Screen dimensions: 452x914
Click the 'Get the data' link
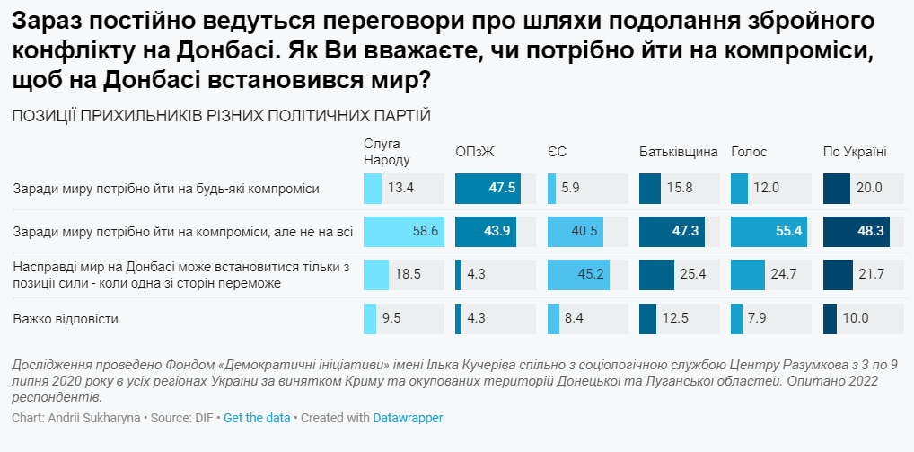point(256,418)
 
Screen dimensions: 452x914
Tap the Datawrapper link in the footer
point(408,418)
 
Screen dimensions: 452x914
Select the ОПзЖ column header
point(475,151)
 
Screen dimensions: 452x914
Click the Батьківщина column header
point(679,151)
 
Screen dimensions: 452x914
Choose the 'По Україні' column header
point(855,151)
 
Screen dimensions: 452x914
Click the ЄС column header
point(557,151)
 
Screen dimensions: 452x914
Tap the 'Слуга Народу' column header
point(387,152)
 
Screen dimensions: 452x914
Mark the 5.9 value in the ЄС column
point(573,188)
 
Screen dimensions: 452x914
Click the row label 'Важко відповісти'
point(66,318)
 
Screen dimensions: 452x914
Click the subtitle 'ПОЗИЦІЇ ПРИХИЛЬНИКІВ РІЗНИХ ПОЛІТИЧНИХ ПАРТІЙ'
point(221,116)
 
